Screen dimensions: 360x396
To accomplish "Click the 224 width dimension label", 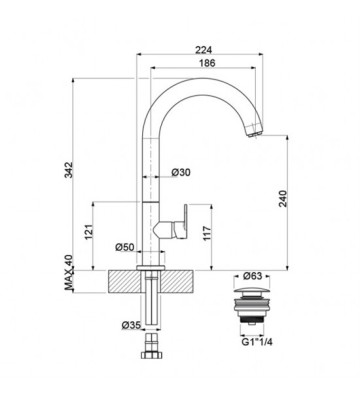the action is [203, 50].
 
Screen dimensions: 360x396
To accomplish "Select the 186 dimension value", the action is [207, 63].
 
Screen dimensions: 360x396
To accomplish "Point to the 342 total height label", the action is [68, 170].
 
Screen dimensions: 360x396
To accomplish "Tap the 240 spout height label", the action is [283, 198].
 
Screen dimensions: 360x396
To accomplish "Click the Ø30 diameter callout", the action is [181, 172].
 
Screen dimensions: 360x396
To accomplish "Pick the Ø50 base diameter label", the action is [125, 247].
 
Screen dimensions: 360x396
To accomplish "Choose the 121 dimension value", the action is [88, 231].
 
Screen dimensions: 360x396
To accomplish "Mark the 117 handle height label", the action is [207, 233].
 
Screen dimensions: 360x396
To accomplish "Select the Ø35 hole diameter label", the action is [131, 325].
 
